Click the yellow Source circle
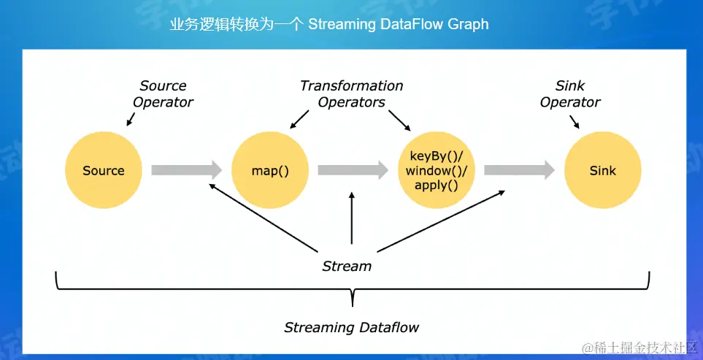(103, 170)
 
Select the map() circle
(270, 171)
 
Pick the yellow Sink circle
(602, 171)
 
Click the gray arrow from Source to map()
(186, 170)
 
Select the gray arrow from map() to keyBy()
(353, 170)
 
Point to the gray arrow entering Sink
(519, 170)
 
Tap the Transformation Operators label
(351, 94)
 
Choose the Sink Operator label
(570, 94)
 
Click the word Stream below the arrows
(347, 267)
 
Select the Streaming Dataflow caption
(351, 327)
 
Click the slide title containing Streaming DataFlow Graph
(329, 24)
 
